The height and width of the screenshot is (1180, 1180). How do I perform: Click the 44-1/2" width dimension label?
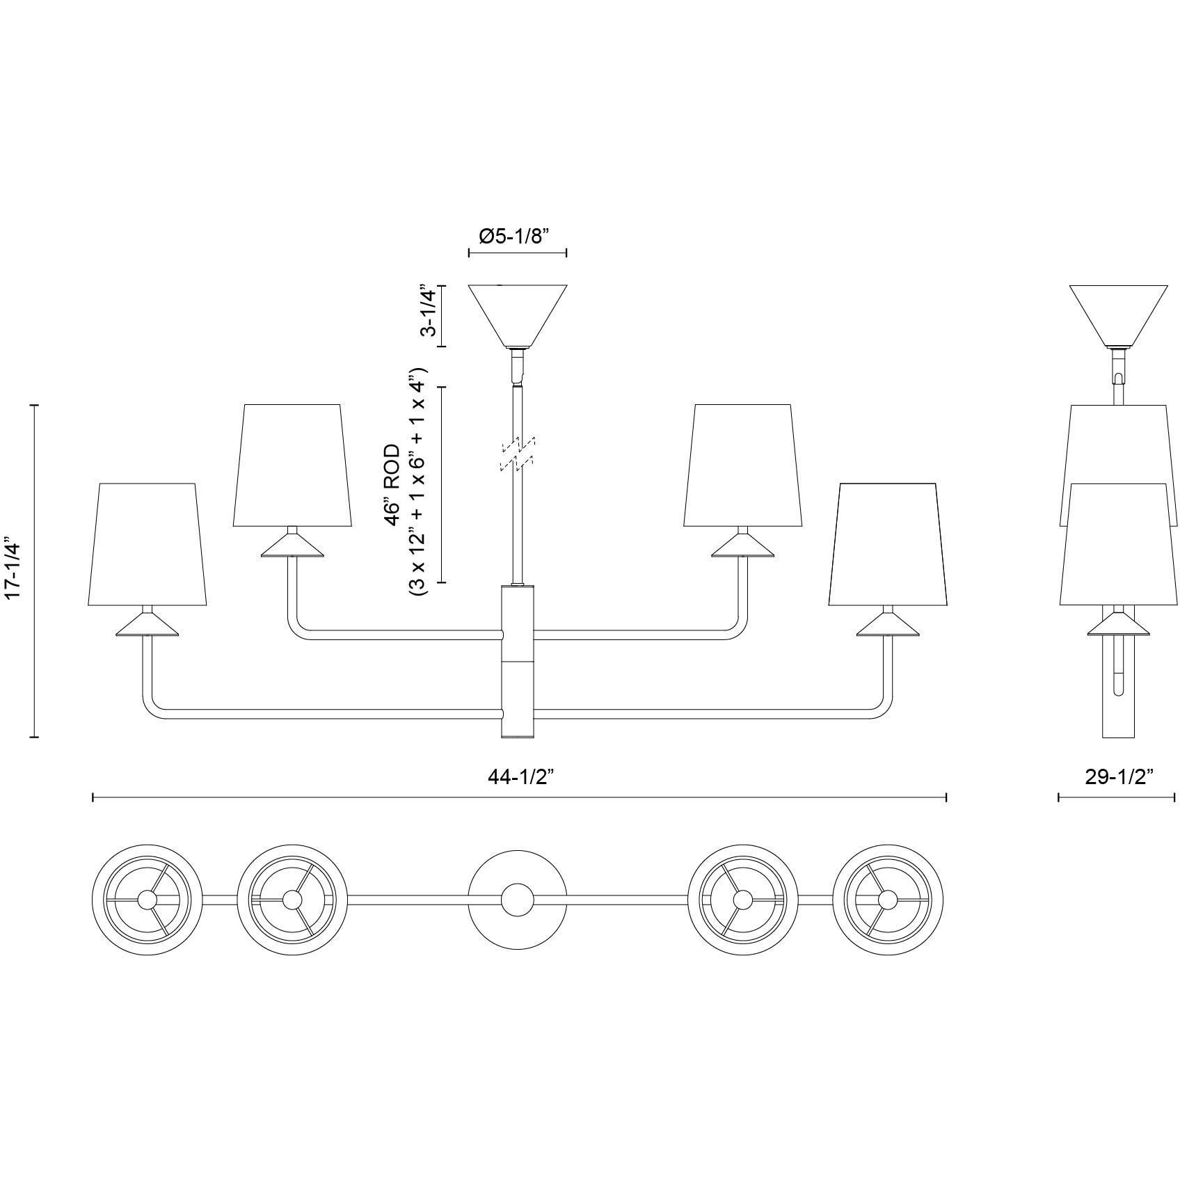point(520,778)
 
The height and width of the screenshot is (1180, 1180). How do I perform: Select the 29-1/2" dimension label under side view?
point(1118,777)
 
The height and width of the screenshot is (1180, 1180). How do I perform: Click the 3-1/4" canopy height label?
point(429,310)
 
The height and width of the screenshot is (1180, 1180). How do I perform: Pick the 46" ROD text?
point(393,480)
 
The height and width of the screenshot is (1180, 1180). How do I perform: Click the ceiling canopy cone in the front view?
point(517,314)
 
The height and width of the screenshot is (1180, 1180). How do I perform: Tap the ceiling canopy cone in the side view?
point(1117,314)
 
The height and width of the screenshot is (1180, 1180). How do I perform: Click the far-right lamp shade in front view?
point(888,544)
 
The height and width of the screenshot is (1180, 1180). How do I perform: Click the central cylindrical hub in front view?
point(518,661)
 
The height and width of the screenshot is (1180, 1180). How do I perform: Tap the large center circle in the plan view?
point(517,900)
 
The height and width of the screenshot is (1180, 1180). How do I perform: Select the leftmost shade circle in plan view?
point(147,900)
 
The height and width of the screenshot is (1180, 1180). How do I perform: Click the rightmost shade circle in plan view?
point(888,900)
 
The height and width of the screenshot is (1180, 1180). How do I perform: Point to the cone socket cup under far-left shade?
point(147,625)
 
